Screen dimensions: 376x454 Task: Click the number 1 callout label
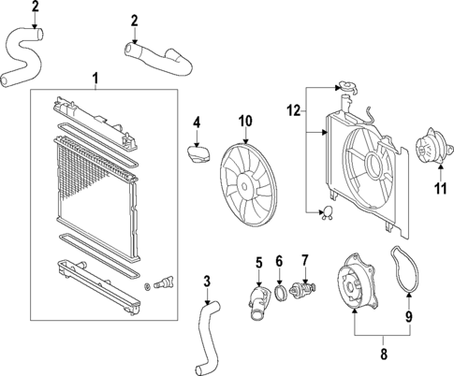click(94, 77)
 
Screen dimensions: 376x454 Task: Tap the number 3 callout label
click(207, 279)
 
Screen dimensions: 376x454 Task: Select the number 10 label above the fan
click(245, 120)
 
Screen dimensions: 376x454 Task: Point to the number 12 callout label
click(293, 111)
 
